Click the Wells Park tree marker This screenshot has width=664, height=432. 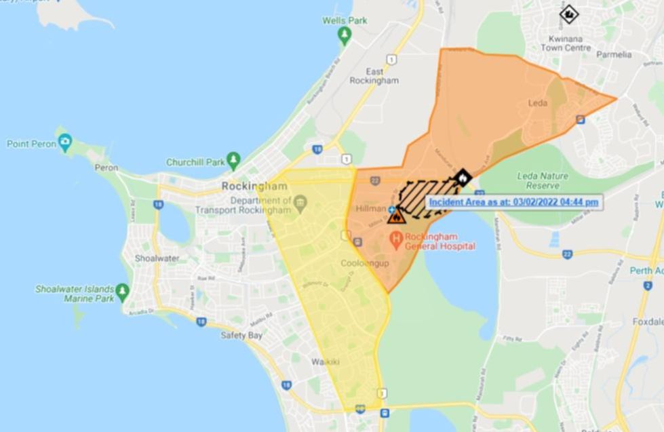345,33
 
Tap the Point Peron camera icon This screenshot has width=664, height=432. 65,143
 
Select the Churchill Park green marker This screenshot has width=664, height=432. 234,161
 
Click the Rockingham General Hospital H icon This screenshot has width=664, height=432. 396,239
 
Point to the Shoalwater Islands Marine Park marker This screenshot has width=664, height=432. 122,292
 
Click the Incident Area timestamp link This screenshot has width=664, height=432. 513,201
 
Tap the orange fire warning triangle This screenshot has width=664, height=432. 397,216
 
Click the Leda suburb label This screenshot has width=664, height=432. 537,104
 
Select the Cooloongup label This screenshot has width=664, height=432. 366,263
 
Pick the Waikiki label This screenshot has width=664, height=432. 326,361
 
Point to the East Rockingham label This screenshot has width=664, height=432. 374,76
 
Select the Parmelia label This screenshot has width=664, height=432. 614,54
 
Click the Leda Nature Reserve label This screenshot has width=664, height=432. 538,180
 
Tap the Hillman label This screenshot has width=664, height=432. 370,209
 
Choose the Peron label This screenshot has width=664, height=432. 106,167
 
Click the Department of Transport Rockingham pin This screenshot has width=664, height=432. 301,201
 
